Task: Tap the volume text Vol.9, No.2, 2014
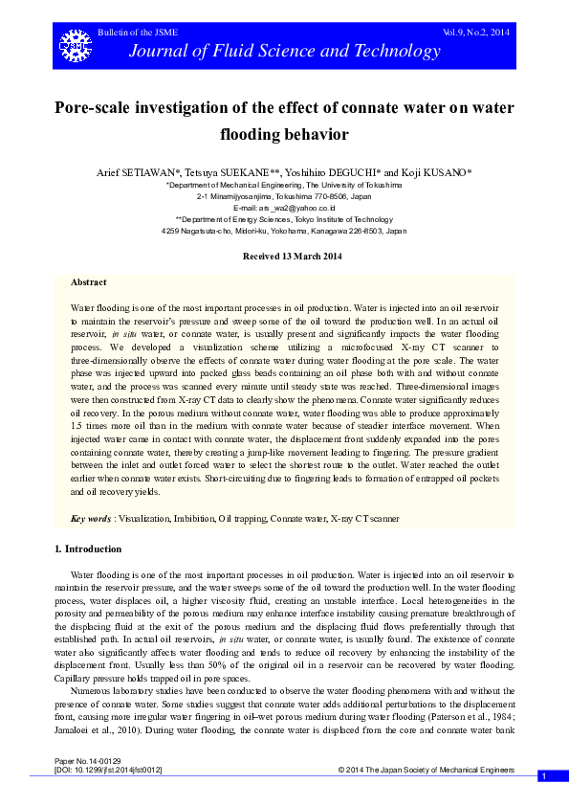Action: tap(475, 33)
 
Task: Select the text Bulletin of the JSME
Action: tap(133, 34)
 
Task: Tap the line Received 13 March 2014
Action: tap(284, 257)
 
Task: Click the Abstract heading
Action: tap(89, 282)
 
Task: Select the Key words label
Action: tap(91, 518)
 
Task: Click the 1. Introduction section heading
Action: tap(88, 549)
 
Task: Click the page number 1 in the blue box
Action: tap(542, 776)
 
